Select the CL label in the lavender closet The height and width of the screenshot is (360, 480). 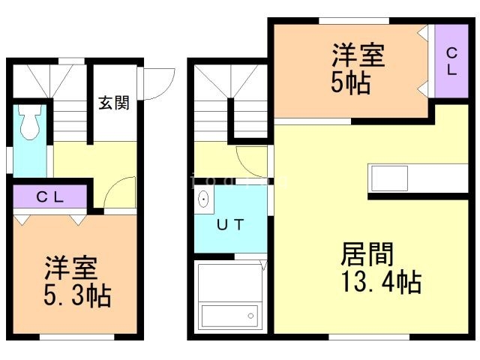[x=50, y=197]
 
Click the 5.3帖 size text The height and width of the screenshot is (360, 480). [x=76, y=295]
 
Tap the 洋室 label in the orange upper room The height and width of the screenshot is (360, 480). [x=358, y=57]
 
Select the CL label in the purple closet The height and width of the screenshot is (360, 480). [x=452, y=59]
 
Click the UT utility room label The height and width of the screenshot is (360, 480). [x=229, y=224]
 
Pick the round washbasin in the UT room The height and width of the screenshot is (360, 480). [x=202, y=200]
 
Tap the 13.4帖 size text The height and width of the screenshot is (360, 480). [x=381, y=283]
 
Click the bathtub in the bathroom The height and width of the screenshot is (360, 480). [x=229, y=313]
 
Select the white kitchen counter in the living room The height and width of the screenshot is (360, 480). [x=418, y=178]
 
